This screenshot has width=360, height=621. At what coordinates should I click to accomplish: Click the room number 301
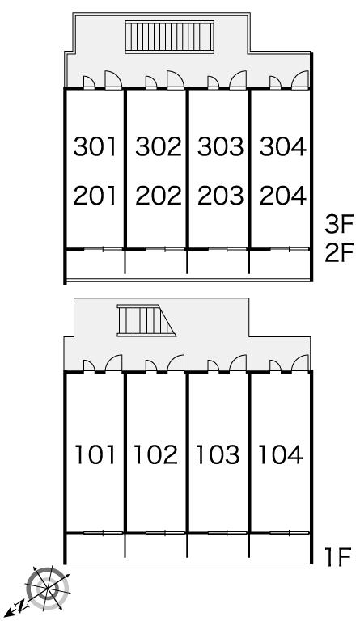tap(95, 146)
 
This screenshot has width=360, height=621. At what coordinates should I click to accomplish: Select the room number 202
tap(158, 195)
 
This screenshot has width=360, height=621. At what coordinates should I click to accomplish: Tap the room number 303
tap(220, 146)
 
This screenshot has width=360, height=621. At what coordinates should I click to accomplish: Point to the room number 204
tap(283, 195)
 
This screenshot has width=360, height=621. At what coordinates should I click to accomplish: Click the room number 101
tap(95, 454)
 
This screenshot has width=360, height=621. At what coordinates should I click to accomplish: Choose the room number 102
tap(155, 454)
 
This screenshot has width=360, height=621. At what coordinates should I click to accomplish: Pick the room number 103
tap(218, 454)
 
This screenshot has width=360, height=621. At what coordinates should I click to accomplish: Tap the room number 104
tap(280, 454)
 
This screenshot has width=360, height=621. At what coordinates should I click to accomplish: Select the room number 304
tap(283, 146)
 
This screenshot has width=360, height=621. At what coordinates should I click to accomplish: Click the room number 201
tap(95, 195)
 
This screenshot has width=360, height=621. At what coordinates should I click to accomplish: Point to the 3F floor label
tap(339, 226)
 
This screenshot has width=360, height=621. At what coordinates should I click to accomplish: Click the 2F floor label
tap(339, 253)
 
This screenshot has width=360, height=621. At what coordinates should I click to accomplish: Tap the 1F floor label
tap(337, 557)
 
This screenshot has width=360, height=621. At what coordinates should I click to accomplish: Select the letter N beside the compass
tap(23, 604)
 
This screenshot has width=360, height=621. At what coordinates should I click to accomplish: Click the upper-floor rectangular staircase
tap(170, 37)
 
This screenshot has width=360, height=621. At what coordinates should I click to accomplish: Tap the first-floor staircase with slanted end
tap(146, 320)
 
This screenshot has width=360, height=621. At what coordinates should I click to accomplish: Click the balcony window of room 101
tap(104, 533)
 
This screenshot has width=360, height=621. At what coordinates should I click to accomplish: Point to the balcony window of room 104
tap(290, 533)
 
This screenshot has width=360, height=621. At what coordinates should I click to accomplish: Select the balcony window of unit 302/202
tap(165, 249)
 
